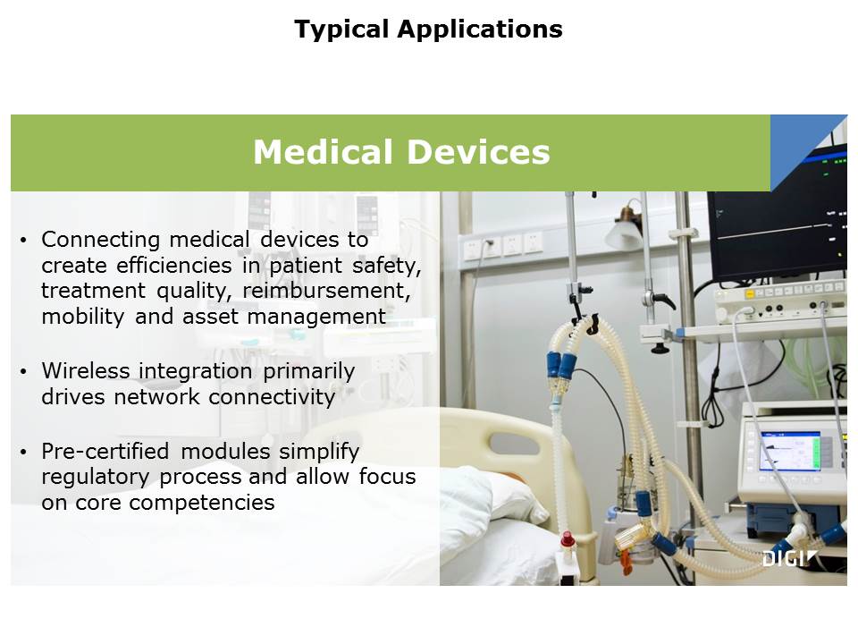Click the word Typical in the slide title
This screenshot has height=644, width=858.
[341, 30]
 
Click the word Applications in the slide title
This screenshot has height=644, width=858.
[481, 30]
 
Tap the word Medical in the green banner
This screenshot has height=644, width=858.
[324, 152]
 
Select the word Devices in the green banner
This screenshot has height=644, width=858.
[479, 152]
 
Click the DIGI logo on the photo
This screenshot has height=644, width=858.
[789, 558]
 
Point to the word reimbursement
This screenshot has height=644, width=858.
[326, 290]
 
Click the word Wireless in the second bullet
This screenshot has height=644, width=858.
[86, 370]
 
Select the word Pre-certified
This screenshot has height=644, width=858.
[105, 451]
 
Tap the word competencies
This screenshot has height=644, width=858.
[202, 503]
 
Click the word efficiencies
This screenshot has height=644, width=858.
[174, 265]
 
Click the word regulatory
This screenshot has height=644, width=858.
[96, 477]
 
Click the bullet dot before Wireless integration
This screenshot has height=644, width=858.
[23, 372]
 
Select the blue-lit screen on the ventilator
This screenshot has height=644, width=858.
[788, 450]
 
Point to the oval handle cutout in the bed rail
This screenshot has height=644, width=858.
[514, 443]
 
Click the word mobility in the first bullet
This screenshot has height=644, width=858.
[82, 317]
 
